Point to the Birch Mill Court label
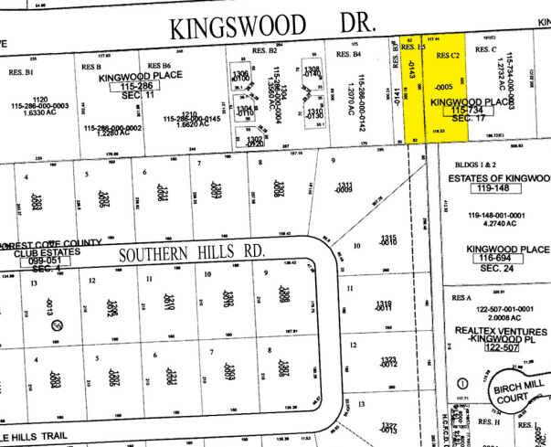[520, 392]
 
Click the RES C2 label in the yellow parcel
[447, 56]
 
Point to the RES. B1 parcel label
[20, 69]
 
